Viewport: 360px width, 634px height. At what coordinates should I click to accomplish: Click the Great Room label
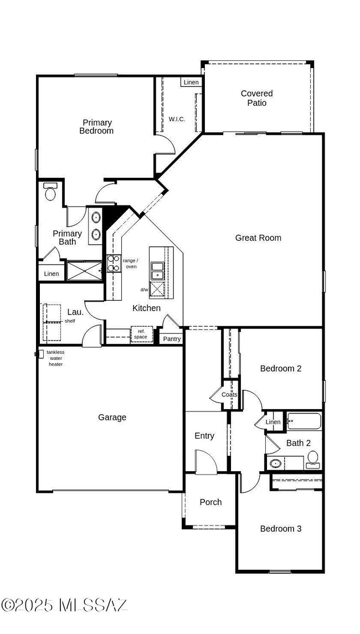[258, 238]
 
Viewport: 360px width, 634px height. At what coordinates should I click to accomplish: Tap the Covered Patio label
[256, 98]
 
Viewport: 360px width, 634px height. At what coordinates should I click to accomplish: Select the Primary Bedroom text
[96, 127]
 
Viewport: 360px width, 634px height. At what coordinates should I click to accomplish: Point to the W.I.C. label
[177, 119]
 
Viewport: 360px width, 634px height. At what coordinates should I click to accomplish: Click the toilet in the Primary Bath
[50, 192]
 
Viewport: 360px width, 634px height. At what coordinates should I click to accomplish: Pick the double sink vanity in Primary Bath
[95, 225]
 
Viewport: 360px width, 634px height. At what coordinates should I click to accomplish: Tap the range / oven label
[131, 264]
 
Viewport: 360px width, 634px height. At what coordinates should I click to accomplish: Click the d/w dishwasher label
[144, 290]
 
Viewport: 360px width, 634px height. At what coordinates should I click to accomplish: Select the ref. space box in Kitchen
[141, 334]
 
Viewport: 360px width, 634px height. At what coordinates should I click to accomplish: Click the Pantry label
[172, 339]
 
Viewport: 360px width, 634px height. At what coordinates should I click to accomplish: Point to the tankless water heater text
[55, 358]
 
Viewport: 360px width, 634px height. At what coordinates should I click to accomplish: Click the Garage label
[112, 417]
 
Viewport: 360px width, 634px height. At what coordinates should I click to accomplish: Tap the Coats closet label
[229, 395]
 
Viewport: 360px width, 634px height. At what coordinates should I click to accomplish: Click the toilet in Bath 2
[313, 459]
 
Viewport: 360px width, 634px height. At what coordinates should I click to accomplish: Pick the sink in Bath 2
[275, 463]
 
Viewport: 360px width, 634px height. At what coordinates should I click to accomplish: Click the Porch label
[210, 502]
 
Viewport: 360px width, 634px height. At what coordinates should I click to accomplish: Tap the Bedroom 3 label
[281, 529]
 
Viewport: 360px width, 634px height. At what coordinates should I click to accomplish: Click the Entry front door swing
[203, 461]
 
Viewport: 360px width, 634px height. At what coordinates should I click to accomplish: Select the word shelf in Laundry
[70, 321]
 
